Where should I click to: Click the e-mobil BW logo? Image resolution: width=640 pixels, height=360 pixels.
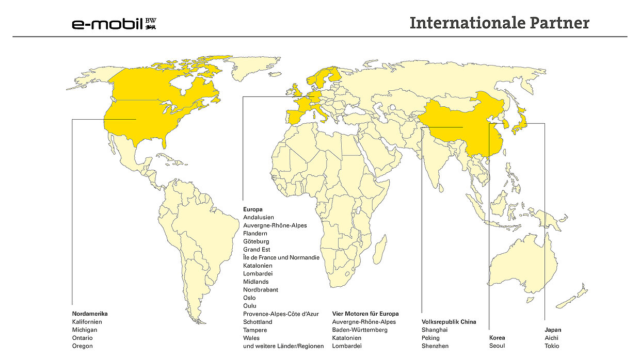coord(114,23)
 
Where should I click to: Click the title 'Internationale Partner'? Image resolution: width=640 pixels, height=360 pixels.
coord(499,23)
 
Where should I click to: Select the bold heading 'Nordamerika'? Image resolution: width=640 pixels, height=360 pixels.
coord(90,314)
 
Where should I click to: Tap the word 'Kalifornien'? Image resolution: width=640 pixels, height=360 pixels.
coord(87,322)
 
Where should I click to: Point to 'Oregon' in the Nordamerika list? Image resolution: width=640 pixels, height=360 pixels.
coord(83,346)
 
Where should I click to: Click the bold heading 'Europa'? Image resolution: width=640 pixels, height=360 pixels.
coord(253,209)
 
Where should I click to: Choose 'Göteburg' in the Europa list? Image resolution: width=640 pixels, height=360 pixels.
coord(256,241)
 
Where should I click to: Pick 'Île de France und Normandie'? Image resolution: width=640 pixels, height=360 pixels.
coord(281,257)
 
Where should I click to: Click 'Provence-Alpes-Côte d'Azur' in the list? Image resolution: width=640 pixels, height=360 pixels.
coord(281,314)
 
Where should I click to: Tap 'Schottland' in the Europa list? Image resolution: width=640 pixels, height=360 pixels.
coord(258,322)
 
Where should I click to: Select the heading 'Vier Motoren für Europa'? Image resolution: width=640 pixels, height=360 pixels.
coord(365,314)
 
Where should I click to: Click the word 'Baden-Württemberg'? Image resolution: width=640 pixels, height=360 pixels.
coord(360,330)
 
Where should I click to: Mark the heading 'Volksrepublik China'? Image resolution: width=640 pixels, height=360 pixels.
coord(449,322)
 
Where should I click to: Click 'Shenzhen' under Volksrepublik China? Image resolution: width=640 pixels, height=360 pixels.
coord(435,346)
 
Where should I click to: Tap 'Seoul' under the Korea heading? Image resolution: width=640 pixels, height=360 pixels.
coord(497,346)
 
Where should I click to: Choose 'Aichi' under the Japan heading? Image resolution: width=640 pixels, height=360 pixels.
coord(551,338)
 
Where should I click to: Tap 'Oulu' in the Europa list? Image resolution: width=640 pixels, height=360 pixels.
coord(250,306)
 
